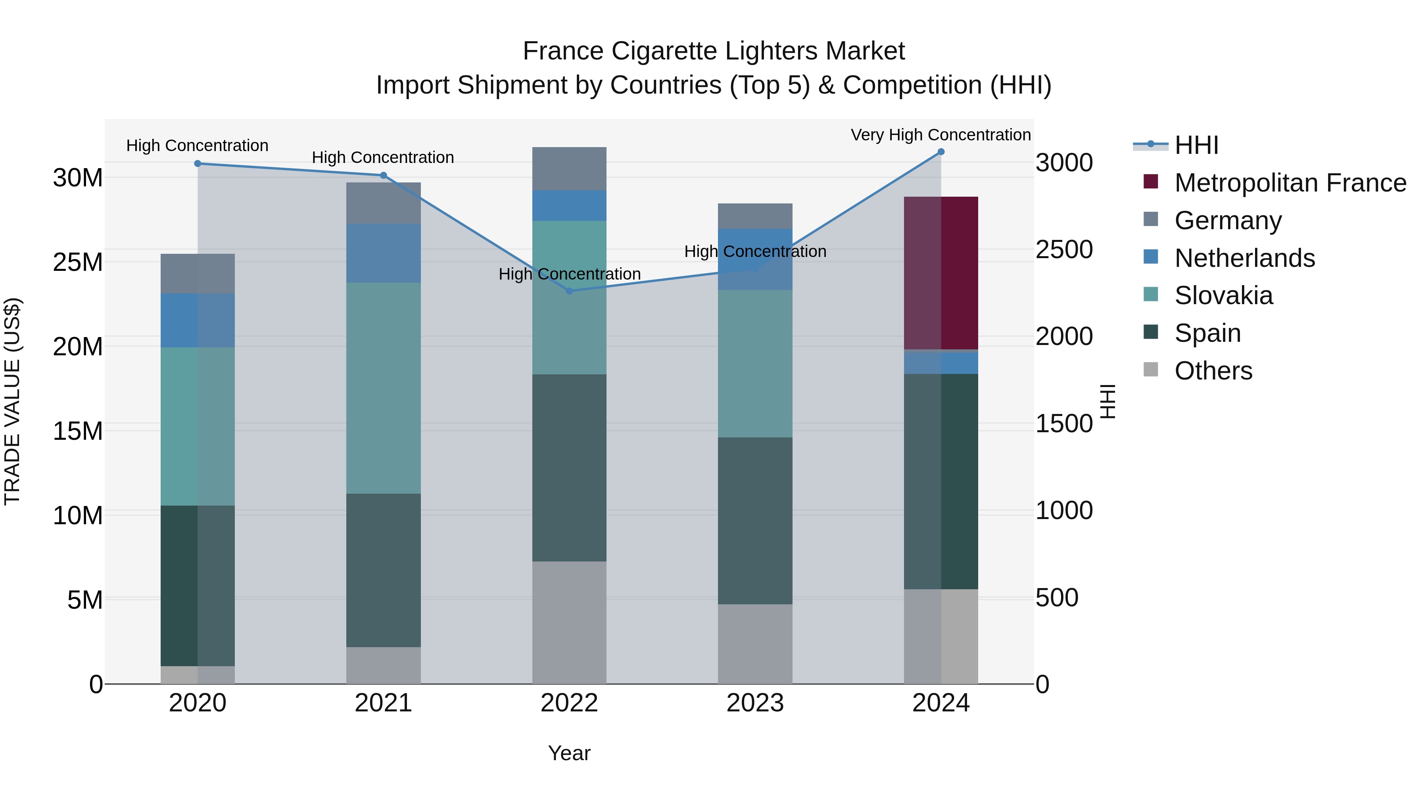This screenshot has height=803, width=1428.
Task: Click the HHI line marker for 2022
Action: tap(569, 291)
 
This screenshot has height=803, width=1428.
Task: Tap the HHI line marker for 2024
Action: tap(941, 152)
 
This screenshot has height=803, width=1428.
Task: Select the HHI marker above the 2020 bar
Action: tap(198, 163)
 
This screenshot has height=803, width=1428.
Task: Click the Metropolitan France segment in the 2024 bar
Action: tap(941, 273)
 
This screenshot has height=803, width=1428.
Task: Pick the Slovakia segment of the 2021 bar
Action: tap(383, 388)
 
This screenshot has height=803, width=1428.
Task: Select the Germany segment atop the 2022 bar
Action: tap(569, 169)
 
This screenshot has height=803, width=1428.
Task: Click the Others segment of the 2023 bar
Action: tap(754, 644)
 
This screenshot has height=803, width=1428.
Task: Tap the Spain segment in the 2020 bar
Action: tap(198, 585)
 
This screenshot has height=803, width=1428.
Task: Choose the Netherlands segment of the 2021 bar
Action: tap(383, 253)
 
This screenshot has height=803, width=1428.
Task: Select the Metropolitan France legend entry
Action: tap(1290, 183)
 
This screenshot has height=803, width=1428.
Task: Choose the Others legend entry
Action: tap(1213, 371)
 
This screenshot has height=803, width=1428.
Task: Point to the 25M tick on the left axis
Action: tap(78, 262)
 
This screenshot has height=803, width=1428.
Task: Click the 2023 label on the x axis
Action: tap(754, 703)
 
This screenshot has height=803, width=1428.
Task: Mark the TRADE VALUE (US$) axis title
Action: tap(12, 401)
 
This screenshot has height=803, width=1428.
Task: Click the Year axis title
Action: tap(569, 753)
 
